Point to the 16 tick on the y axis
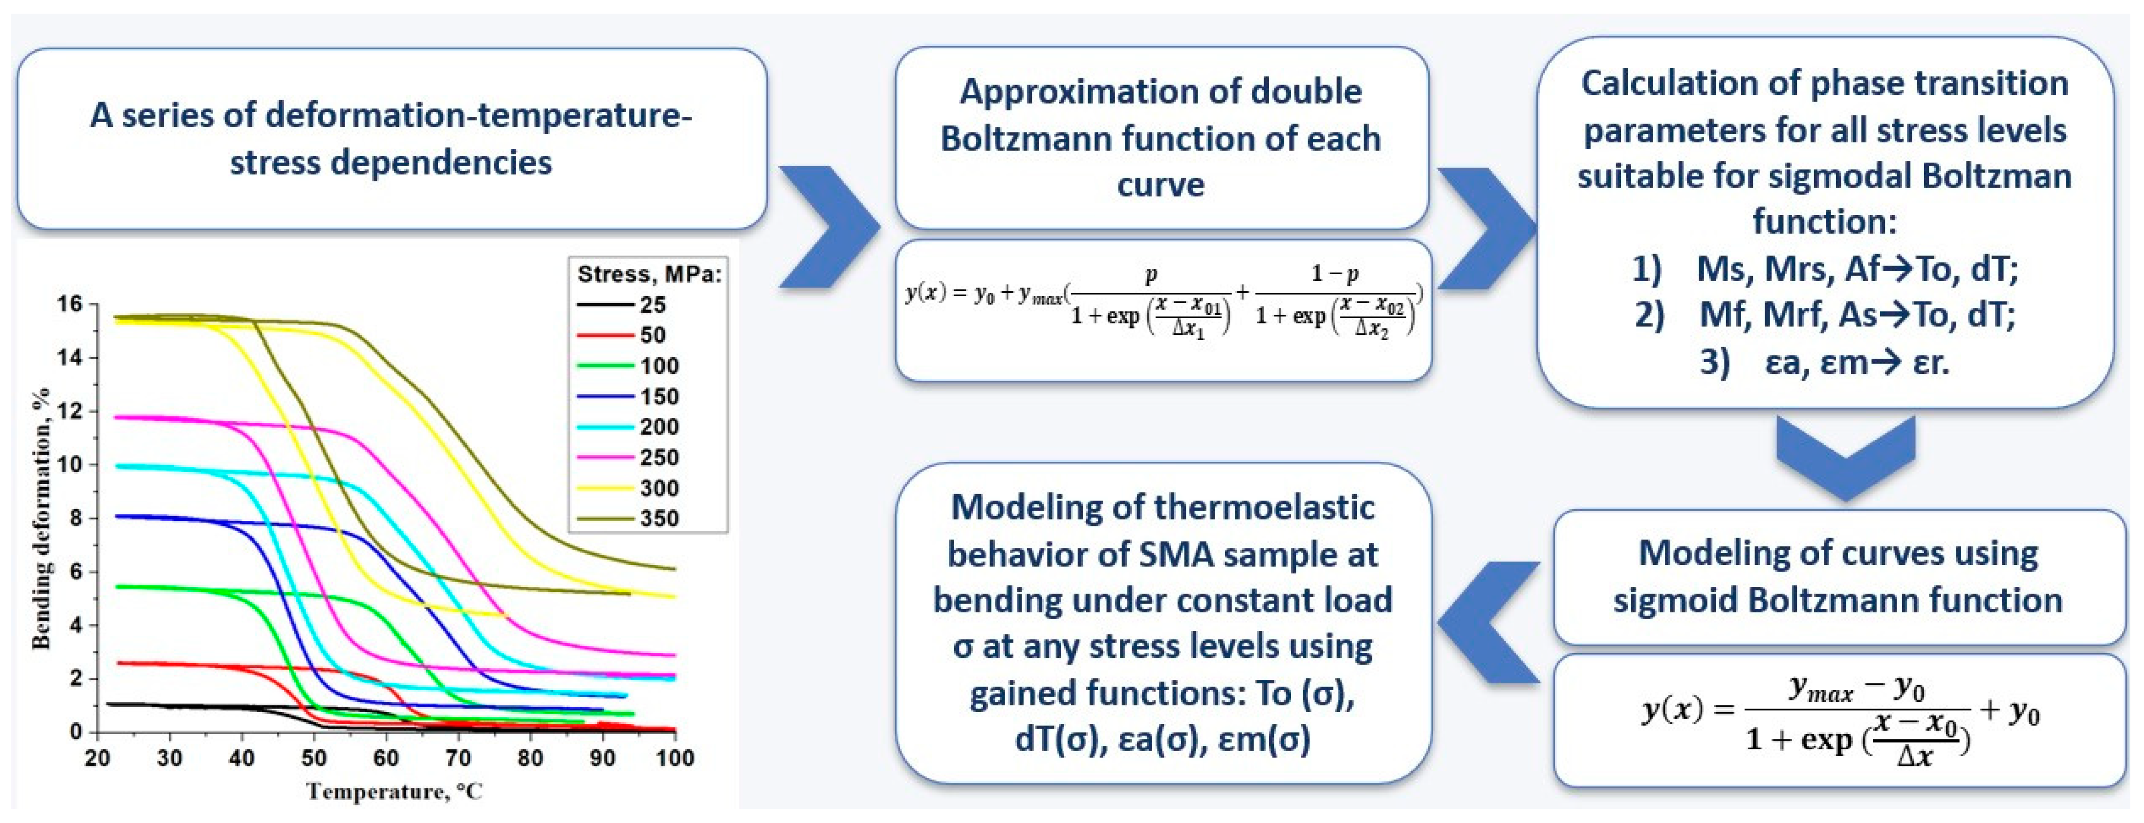(70, 303)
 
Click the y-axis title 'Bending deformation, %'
(40, 520)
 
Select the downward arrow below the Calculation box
(1845, 458)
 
